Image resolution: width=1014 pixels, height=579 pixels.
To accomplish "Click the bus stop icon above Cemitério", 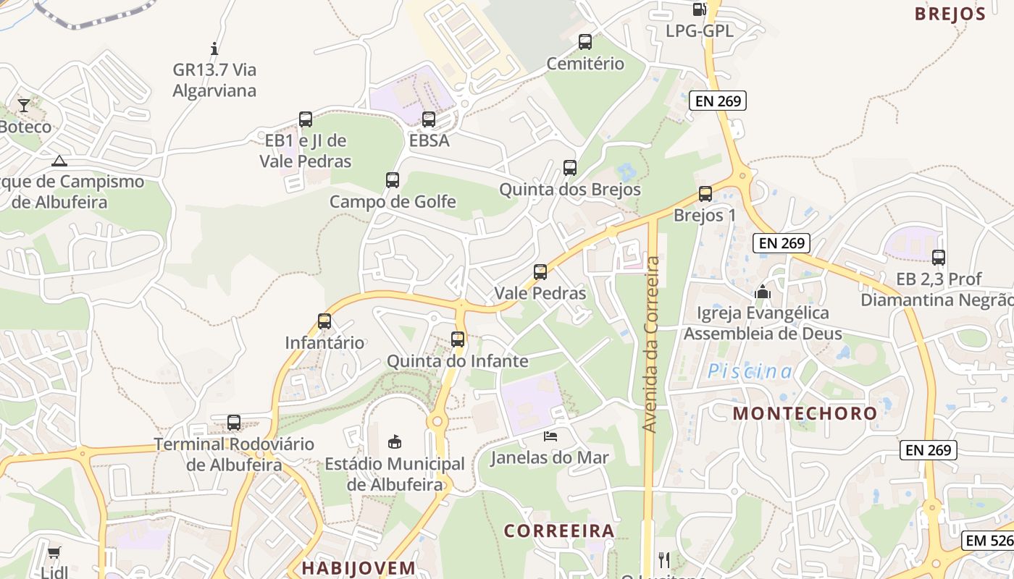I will [x=585, y=42].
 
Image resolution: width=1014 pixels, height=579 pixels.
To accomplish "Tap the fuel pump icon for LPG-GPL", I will [x=699, y=9].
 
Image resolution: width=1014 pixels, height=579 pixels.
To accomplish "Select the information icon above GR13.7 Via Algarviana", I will [x=214, y=48].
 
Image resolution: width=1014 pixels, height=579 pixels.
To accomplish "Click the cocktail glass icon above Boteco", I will [x=24, y=106].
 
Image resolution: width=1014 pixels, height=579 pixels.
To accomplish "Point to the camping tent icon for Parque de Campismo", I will [x=59, y=161].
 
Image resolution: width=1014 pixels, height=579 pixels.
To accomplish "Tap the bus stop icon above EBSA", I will [x=429, y=119].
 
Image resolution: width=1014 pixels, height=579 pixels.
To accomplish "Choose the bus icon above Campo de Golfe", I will [x=393, y=180].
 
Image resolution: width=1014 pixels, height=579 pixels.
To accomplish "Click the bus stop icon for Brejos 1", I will [x=705, y=194].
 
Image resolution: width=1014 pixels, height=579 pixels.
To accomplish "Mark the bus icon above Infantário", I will [x=324, y=321].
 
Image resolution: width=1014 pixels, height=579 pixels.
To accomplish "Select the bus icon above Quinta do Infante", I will [x=458, y=339].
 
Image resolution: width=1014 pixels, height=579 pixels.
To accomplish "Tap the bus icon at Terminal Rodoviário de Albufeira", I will [x=234, y=423].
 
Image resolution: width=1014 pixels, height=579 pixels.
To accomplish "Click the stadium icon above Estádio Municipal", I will [x=395, y=441].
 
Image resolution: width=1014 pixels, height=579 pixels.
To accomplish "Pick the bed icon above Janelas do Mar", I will [x=550, y=436].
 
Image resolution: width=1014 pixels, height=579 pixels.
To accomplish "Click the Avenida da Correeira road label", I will [x=651, y=345].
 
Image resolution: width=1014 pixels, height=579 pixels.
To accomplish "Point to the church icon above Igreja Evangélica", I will [x=763, y=292].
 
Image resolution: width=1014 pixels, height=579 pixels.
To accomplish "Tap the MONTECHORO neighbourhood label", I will [x=805, y=413].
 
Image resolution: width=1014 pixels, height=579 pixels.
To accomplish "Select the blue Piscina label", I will [x=750, y=371].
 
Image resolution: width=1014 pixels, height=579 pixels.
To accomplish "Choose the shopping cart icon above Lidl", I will [x=54, y=553].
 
